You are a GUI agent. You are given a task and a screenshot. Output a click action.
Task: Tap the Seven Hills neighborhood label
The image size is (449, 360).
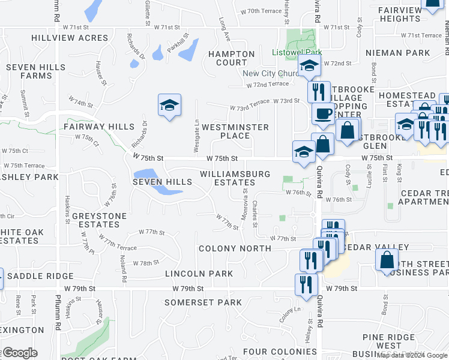(162, 181)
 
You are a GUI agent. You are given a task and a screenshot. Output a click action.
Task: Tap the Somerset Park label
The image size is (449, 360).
(203, 302)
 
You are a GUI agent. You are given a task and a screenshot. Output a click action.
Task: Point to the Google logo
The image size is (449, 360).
(20, 353)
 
